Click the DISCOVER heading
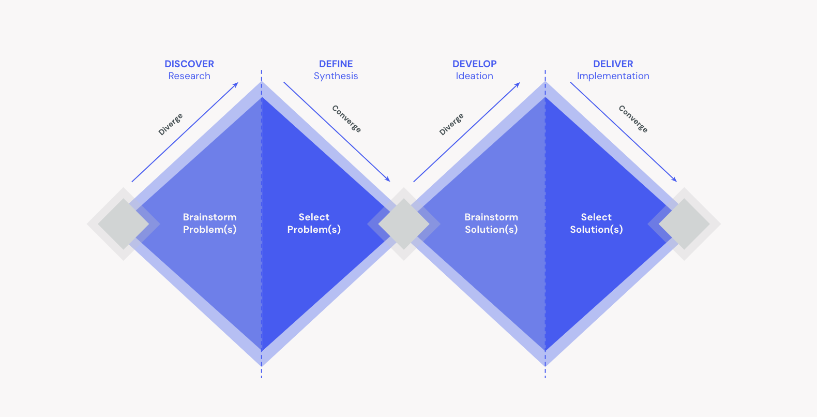189,64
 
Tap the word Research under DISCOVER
189,76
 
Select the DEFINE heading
336,64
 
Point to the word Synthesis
336,76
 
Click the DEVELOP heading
474,64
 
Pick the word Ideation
474,76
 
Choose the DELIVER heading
613,64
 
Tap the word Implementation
613,76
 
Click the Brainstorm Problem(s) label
209,224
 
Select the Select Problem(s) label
314,224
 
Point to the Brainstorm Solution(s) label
491,224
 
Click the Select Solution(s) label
596,224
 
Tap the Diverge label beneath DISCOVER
171,124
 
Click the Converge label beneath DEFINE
346,119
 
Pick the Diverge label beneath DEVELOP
451,124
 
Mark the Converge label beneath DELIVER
633,119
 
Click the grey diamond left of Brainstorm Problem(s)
124,224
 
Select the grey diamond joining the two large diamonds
404,224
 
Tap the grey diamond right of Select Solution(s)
684,224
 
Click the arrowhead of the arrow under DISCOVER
236,84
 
